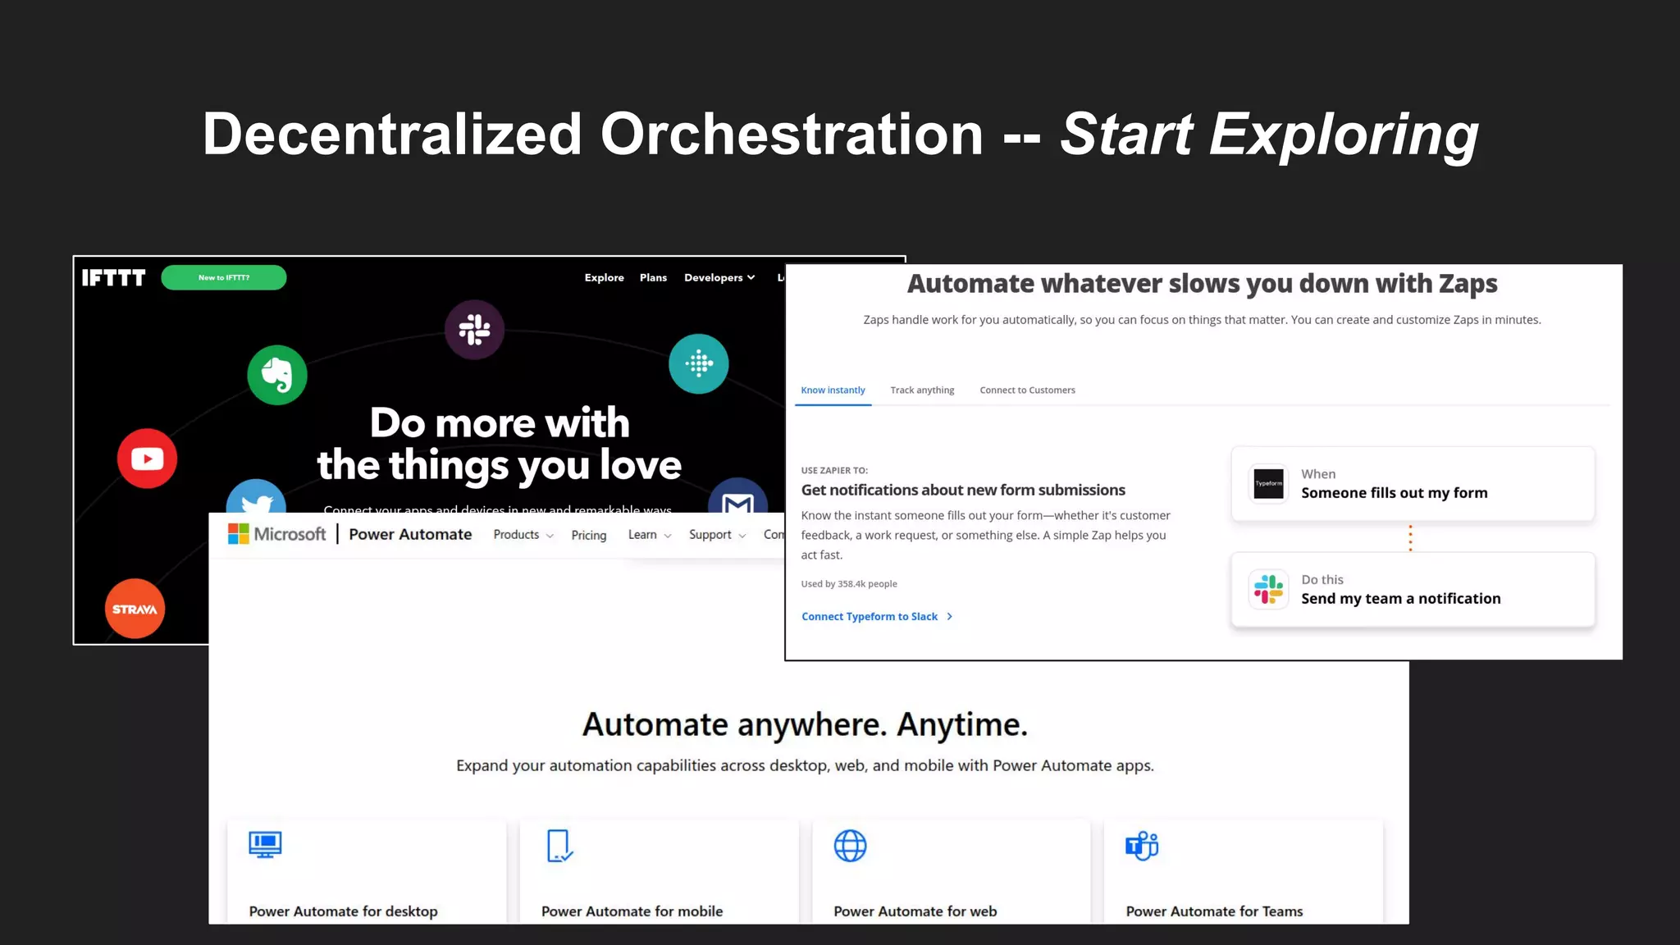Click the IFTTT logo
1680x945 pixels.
click(x=113, y=278)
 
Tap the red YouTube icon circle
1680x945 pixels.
click(x=147, y=459)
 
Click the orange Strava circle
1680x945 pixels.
click(x=135, y=609)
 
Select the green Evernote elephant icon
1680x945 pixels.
click(x=277, y=375)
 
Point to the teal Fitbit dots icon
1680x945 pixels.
click(x=699, y=363)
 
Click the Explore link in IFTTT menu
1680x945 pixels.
click(x=604, y=278)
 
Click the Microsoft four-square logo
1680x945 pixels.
click(x=238, y=534)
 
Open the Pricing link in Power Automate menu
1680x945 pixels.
click(x=588, y=535)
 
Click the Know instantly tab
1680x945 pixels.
click(x=833, y=390)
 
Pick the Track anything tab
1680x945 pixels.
click(x=922, y=390)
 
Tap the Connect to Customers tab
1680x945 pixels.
click(x=1027, y=390)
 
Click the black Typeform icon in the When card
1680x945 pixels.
click(x=1268, y=484)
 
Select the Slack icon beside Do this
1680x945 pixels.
click(x=1268, y=589)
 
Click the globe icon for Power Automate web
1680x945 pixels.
click(x=850, y=846)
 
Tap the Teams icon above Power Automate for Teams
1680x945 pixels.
click(x=1142, y=846)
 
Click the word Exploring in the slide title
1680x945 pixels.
click(x=1343, y=135)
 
